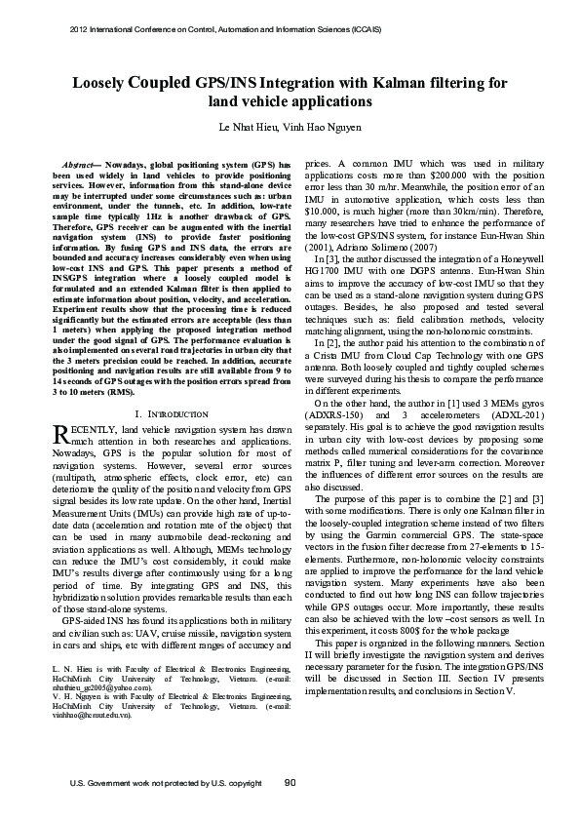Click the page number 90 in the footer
pyautogui.click(x=290, y=782)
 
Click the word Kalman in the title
pyautogui.click(x=412, y=84)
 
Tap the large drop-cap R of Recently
pyautogui.click(x=58, y=434)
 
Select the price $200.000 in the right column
pyautogui.click(x=444, y=177)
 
